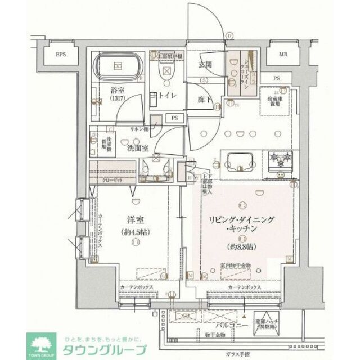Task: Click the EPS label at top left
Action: pos(60,55)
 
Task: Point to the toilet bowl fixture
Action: pos(166,71)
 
